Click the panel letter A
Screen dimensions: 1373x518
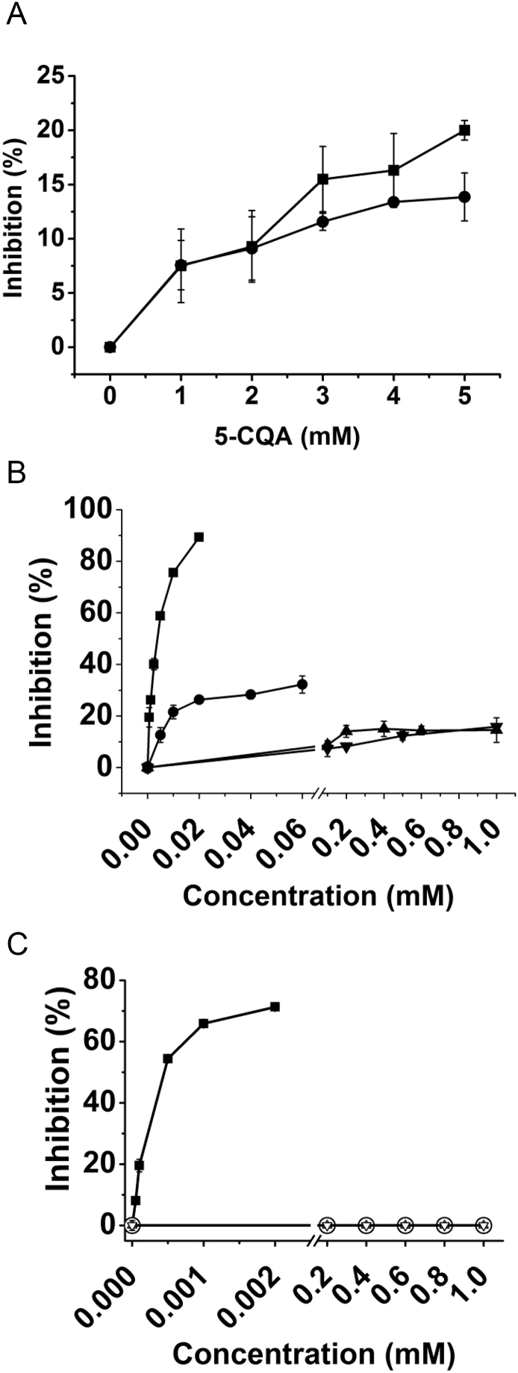[16, 16]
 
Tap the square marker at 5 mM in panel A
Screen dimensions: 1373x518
[464, 130]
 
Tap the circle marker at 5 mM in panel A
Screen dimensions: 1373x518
[464, 197]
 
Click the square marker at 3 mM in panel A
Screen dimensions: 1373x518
[323, 179]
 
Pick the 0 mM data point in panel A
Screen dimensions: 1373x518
[110, 347]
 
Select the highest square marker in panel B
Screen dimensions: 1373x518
[199, 537]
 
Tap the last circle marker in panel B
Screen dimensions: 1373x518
[302, 685]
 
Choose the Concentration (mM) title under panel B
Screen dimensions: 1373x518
[317, 895]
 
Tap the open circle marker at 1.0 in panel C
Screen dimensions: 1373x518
[484, 1225]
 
